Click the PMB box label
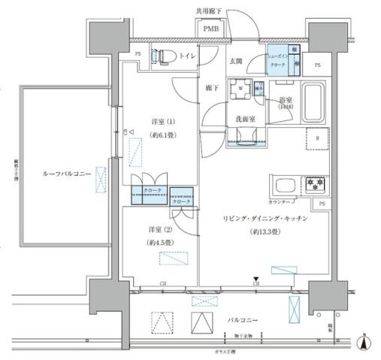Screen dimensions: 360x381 211,29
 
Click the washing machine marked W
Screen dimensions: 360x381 240,89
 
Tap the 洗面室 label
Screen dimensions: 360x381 243,118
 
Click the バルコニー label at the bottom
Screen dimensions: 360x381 243,320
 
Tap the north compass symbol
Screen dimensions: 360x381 365,342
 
